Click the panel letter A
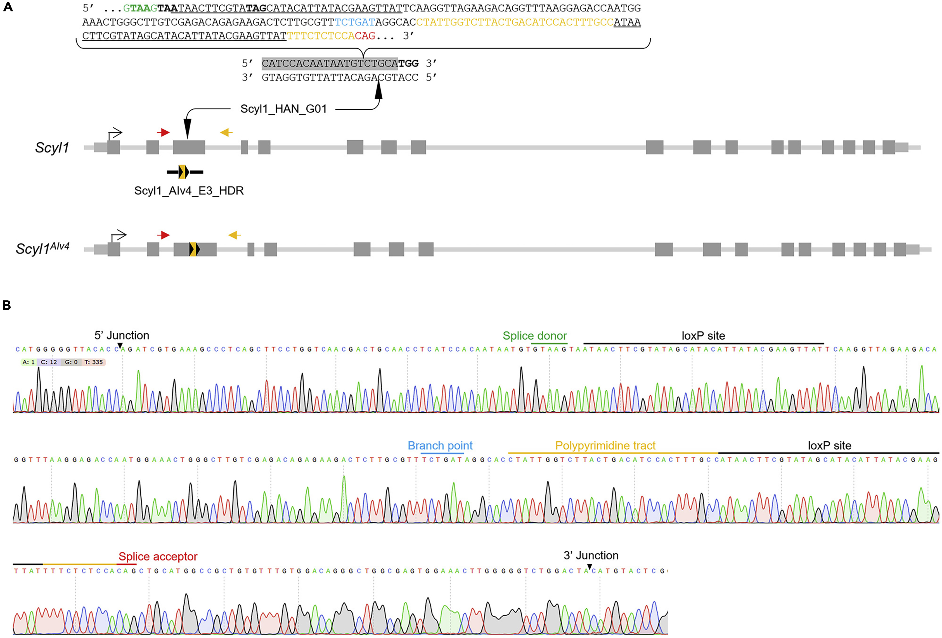coord(8,7)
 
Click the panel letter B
coord(7,305)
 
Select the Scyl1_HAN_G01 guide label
coord(283,109)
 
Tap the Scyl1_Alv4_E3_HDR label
coord(189,191)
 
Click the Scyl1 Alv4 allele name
coord(42,248)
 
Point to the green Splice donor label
coord(535,336)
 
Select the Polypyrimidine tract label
coord(605,446)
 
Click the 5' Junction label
coord(122,335)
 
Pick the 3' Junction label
coord(591,556)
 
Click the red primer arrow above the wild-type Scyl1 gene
coord(163,132)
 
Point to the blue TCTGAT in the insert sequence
coord(355,22)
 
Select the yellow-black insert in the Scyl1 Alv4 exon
coord(195,249)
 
